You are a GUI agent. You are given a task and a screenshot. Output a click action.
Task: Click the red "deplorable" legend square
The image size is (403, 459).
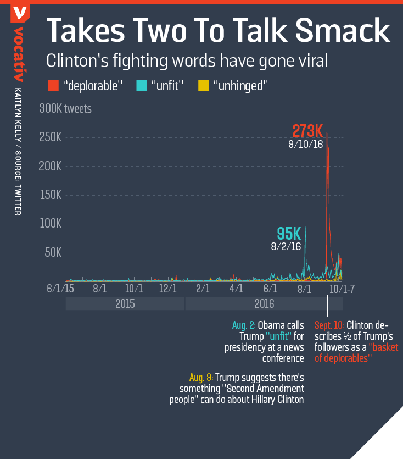(53, 85)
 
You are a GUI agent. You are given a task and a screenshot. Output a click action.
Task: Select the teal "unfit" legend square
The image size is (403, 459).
(141, 85)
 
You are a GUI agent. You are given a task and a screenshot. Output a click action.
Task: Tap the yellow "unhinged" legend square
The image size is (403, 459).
(203, 85)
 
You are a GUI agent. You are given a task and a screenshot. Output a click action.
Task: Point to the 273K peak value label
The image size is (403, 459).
(307, 131)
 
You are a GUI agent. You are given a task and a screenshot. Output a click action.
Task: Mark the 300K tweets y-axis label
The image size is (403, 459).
(65, 108)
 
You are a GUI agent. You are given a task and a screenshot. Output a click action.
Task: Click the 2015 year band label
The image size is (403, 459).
(125, 303)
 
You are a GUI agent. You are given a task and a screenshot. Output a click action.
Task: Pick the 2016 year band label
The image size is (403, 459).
(264, 303)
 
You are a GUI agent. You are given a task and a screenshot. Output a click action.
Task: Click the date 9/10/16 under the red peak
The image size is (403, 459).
(306, 145)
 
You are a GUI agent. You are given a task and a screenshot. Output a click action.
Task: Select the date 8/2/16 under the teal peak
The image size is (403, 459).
(286, 246)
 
